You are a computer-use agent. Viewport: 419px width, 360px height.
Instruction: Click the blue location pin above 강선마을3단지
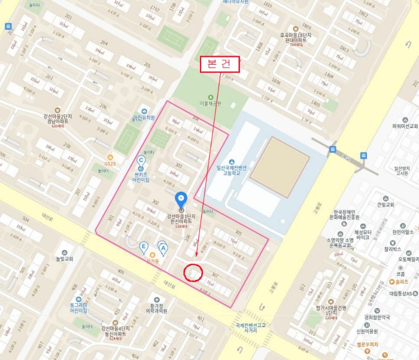[x=180, y=200]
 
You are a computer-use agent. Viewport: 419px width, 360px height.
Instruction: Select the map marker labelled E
[x=144, y=246]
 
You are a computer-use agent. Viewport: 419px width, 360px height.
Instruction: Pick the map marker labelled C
[x=141, y=160]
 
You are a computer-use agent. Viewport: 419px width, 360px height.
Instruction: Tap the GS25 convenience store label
[x=110, y=163]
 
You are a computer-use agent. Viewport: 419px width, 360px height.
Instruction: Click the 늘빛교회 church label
[x=64, y=258]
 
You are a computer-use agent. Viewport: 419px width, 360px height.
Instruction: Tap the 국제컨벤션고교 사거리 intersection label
[x=247, y=326]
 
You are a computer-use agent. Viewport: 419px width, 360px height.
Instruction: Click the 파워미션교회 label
[x=404, y=126]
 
